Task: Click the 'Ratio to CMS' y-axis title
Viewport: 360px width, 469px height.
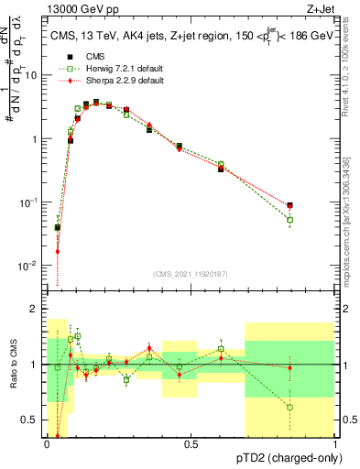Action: tap(13, 365)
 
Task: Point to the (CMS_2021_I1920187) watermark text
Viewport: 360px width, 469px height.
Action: tap(191, 272)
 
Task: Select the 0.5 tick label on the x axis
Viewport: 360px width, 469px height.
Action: tap(191, 443)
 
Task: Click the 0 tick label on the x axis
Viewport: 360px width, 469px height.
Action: tap(47, 443)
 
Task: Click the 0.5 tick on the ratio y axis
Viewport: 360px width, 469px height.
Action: tap(34, 420)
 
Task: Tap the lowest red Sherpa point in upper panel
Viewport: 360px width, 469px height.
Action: tap(57, 251)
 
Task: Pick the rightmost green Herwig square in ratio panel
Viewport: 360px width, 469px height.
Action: tap(289, 407)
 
